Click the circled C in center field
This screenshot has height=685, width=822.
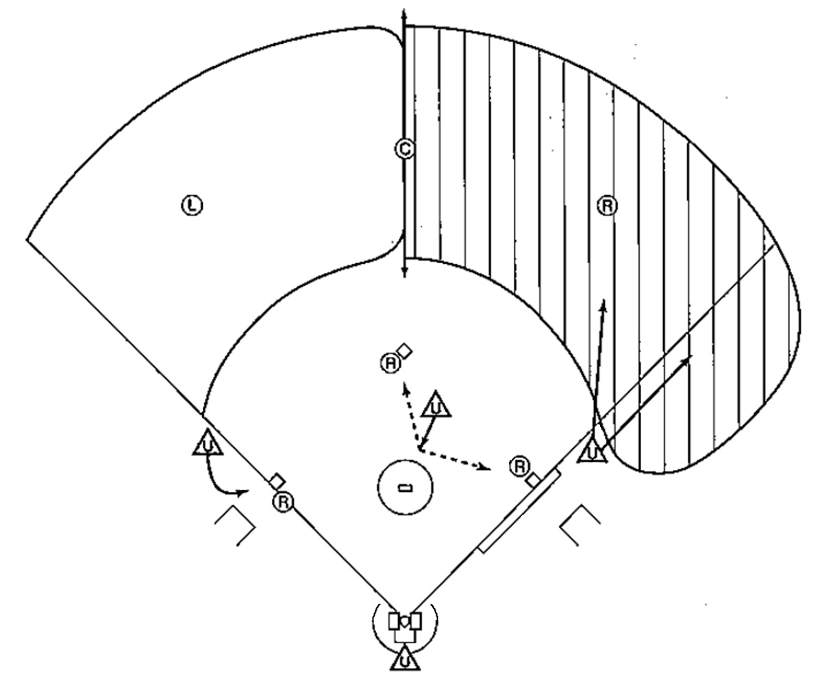click(x=404, y=149)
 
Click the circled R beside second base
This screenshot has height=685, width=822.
click(x=390, y=363)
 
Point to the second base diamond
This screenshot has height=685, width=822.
click(x=406, y=351)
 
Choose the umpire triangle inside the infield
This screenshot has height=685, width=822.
click(x=436, y=406)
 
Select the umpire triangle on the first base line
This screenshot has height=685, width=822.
click(x=592, y=451)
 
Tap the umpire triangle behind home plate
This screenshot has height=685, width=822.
click(x=405, y=660)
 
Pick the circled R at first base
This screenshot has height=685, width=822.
click(x=520, y=467)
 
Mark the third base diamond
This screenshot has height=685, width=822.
click(x=277, y=481)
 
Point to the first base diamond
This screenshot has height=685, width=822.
click(x=534, y=480)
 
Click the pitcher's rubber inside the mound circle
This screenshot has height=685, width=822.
click(x=405, y=488)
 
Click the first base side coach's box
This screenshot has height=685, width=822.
click(x=580, y=524)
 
